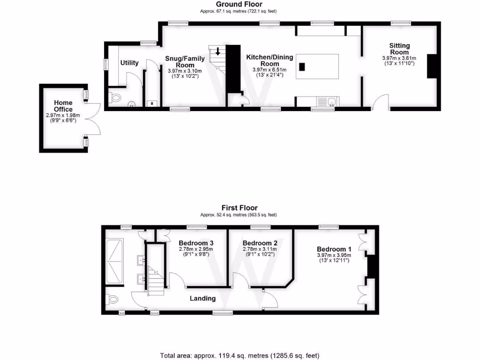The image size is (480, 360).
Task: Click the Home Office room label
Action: (x=63, y=106)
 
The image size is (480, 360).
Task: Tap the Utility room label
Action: (x=129, y=63)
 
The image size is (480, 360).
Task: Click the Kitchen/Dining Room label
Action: (x=270, y=60)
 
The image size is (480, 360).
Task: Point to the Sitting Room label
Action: (x=399, y=49)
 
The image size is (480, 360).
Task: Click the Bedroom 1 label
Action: (x=334, y=249)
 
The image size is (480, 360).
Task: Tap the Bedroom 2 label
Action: (x=260, y=243)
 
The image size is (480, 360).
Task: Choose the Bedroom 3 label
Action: (x=196, y=243)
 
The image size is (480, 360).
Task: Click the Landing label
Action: (x=202, y=298)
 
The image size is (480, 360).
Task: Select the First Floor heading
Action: (x=240, y=208)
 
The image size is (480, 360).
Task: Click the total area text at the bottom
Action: (x=240, y=356)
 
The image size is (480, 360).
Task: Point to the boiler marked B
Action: (x=152, y=103)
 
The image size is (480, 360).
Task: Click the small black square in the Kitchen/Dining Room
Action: (x=302, y=67)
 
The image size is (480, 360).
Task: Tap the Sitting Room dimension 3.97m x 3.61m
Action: (x=399, y=58)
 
